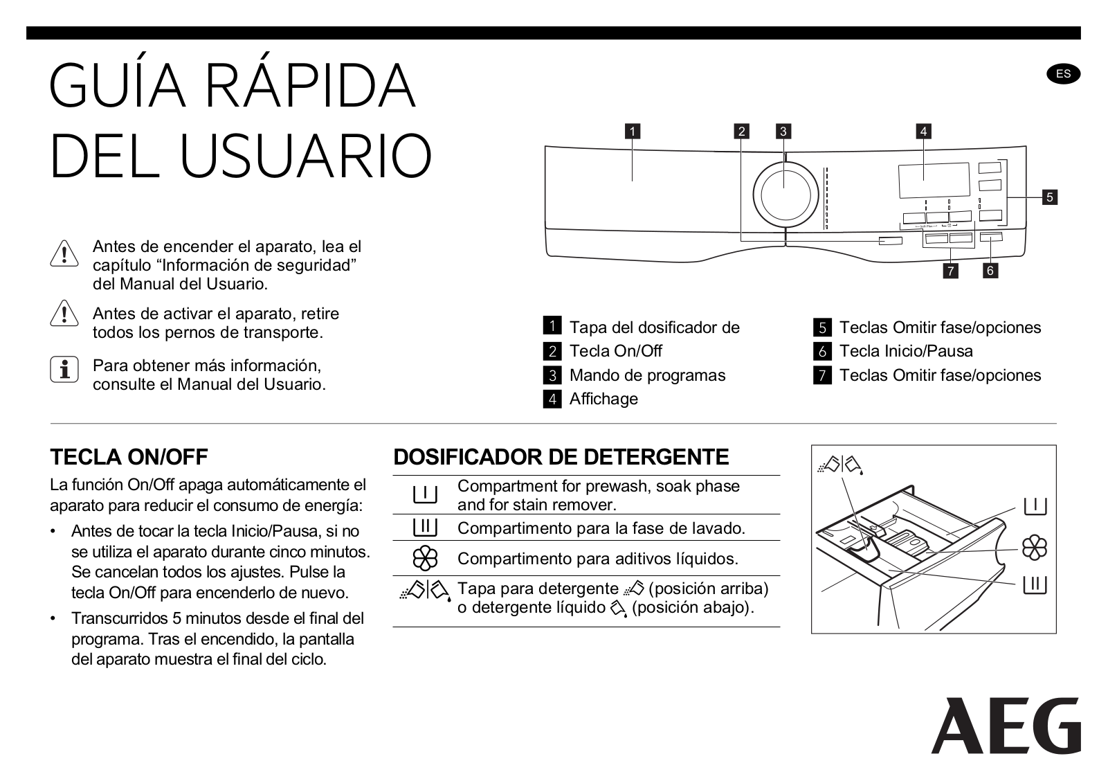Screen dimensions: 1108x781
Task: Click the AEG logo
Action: tap(1006, 726)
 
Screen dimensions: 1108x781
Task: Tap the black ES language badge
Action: tap(1063, 74)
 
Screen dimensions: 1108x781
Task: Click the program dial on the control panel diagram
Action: tap(785, 195)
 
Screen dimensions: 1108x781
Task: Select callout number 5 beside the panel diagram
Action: tap(1050, 197)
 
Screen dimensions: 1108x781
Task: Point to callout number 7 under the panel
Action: tap(950, 271)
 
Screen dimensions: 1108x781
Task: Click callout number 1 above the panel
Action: tap(632, 131)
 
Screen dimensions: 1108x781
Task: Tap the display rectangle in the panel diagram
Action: tap(934, 180)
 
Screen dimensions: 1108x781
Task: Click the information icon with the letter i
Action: tap(64, 369)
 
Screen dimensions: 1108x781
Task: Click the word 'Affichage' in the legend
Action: tap(603, 399)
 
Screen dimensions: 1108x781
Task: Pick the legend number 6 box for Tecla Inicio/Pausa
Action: tap(822, 351)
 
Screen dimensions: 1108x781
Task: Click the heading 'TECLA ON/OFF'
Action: tap(129, 457)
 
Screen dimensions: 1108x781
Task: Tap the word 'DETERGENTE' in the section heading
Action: tap(656, 457)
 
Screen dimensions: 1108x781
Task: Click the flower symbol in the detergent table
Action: tap(425, 558)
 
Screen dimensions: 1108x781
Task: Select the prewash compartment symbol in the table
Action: tap(425, 495)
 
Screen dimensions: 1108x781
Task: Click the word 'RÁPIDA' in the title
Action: tap(309, 85)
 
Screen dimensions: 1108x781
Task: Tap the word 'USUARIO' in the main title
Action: tap(305, 155)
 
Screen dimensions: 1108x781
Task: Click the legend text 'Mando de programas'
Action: tap(648, 375)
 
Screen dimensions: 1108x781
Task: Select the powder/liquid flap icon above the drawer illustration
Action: tap(840, 465)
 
